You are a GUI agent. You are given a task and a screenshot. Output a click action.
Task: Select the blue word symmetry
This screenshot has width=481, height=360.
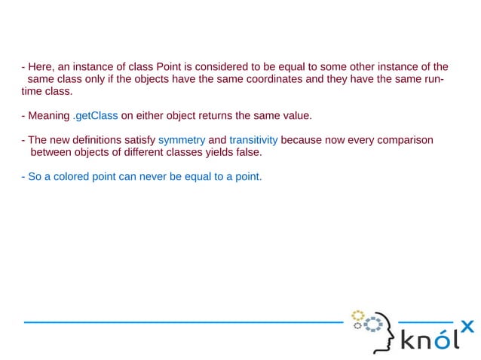point(182,140)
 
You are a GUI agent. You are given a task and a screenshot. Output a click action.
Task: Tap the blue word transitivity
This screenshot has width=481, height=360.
point(253,140)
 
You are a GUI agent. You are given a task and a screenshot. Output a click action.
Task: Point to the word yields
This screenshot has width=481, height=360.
point(213,152)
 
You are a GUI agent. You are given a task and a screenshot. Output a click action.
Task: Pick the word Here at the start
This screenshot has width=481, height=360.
point(40,66)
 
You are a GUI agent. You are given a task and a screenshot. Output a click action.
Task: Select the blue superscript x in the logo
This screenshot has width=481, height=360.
point(467,325)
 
